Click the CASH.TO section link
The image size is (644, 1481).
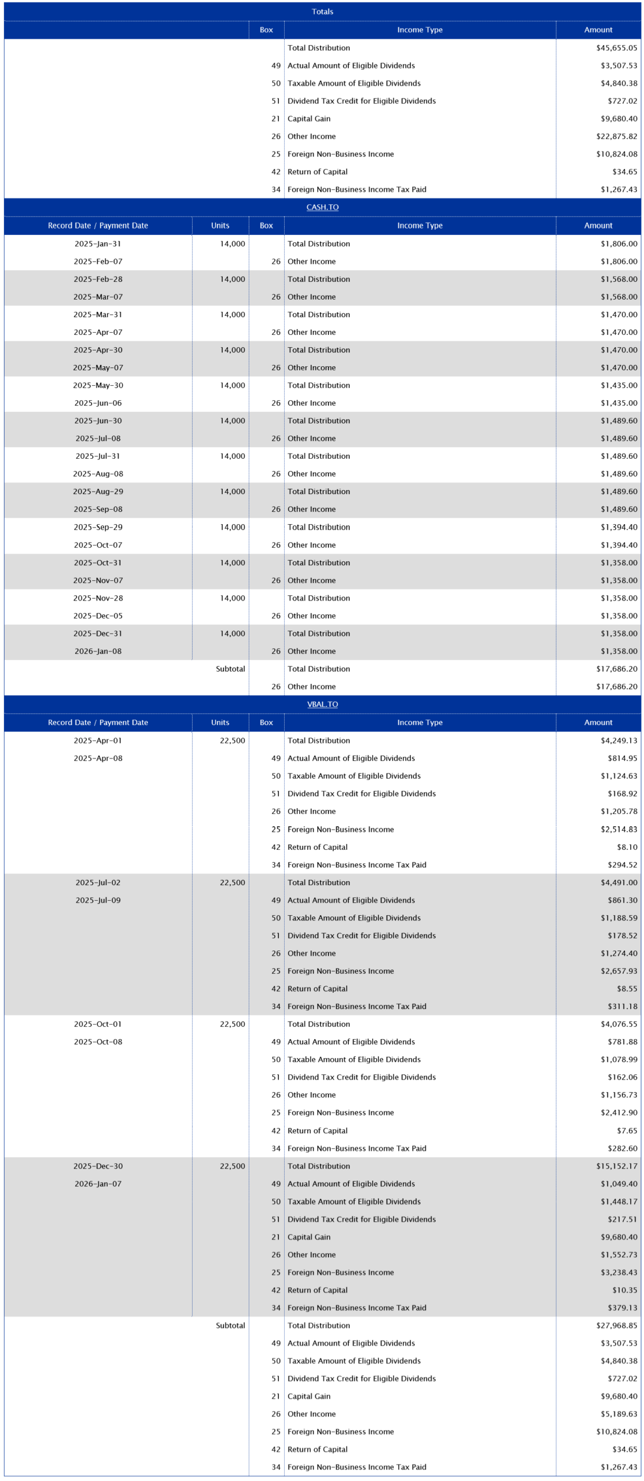[x=322, y=207]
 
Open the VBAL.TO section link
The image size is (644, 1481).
[x=322, y=704]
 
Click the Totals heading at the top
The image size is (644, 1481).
[x=322, y=12]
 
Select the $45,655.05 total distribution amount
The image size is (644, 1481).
[x=616, y=48]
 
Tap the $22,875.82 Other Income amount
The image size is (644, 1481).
[x=616, y=137]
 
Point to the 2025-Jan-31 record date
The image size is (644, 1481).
[x=98, y=244]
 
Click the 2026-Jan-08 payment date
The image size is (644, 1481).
[x=98, y=651]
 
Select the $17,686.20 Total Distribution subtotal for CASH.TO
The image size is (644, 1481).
[x=616, y=669]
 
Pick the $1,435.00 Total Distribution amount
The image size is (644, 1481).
[x=619, y=385]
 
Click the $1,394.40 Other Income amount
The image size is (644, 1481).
[x=619, y=545]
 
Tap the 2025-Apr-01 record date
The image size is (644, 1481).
[x=98, y=740]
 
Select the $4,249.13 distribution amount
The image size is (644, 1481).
[x=619, y=740]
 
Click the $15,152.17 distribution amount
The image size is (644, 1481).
[x=616, y=1166]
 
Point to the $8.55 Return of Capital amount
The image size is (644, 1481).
[x=627, y=989]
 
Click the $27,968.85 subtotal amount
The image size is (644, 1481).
[x=616, y=1325]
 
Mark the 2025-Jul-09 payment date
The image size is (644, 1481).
[x=98, y=900]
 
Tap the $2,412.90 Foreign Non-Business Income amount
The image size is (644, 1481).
[x=619, y=1112]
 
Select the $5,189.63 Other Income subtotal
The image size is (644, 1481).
[x=619, y=1414]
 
